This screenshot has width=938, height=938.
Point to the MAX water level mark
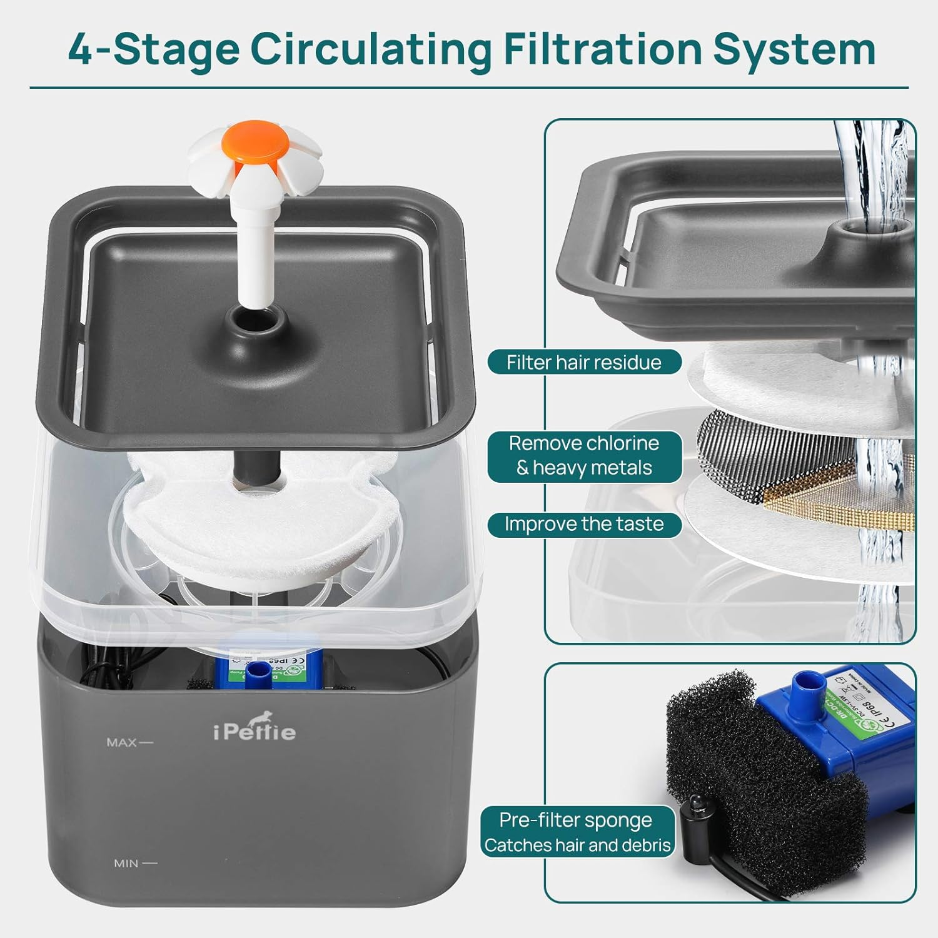129,742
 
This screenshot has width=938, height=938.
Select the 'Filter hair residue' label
584,362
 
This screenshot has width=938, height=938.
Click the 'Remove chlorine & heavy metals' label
584,456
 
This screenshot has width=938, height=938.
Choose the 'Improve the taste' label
584,524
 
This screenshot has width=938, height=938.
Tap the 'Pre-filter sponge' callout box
577,832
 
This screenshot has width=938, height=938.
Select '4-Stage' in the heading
153,49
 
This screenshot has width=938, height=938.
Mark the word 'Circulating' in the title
371,49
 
